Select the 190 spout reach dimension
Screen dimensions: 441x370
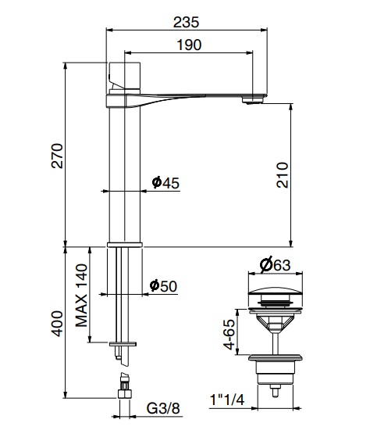coord(188,45)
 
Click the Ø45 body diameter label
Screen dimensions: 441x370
coord(165,182)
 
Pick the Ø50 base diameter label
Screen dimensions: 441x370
coord(163,286)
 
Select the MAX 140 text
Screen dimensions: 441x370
coord(81,296)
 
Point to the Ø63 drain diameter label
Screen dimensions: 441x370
coord(275,265)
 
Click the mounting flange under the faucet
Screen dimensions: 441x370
coord(123,245)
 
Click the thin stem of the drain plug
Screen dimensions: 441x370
coord(275,336)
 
